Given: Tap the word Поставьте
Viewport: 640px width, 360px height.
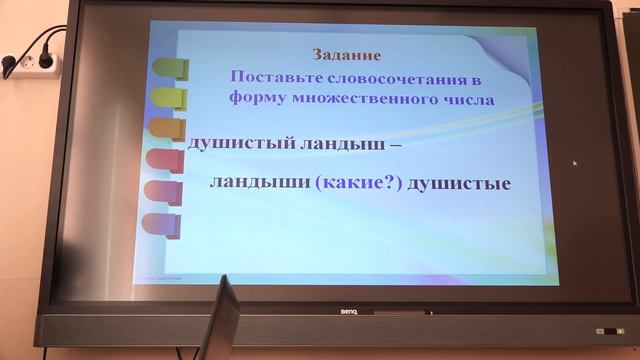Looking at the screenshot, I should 270,77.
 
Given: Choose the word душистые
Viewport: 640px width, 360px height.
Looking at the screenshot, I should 455,184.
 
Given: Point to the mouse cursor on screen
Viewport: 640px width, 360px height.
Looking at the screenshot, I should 575,163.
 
